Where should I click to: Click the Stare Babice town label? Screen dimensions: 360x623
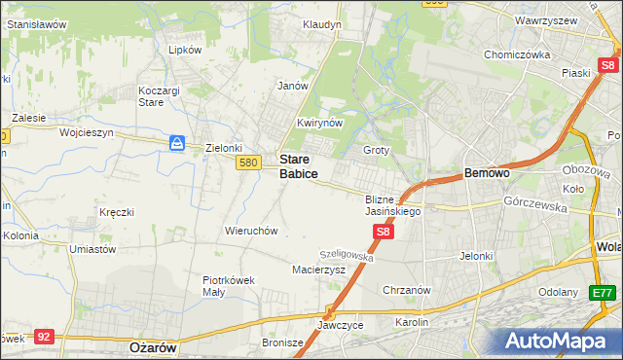[298, 165]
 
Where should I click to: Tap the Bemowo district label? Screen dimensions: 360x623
[487, 172]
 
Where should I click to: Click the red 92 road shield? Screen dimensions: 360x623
[43, 336]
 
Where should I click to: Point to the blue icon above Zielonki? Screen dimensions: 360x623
[176, 143]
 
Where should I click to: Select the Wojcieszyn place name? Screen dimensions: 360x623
[87, 131]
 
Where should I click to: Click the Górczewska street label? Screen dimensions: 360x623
[535, 203]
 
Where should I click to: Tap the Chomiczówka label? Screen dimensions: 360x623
[518, 54]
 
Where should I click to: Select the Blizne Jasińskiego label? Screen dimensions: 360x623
[392, 204]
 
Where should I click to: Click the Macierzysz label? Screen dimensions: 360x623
[318, 270]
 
